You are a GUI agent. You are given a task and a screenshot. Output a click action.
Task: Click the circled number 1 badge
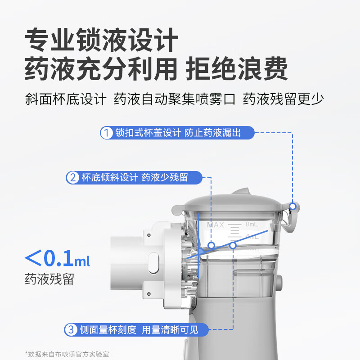point(106,133)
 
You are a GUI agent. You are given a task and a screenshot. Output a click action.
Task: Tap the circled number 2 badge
point(72,177)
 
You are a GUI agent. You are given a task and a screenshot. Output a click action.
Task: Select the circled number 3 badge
point(70,330)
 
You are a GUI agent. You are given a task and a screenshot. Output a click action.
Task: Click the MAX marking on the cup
point(215,225)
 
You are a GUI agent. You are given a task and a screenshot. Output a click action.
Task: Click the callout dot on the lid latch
point(293,207)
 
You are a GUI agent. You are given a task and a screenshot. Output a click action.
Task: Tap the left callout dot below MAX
point(211,246)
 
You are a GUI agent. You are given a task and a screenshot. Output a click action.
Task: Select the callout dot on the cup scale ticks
point(233,245)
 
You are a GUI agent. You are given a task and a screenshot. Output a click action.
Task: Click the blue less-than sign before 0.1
point(32,259)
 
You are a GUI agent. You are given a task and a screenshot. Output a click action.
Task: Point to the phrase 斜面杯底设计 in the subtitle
point(66,99)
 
